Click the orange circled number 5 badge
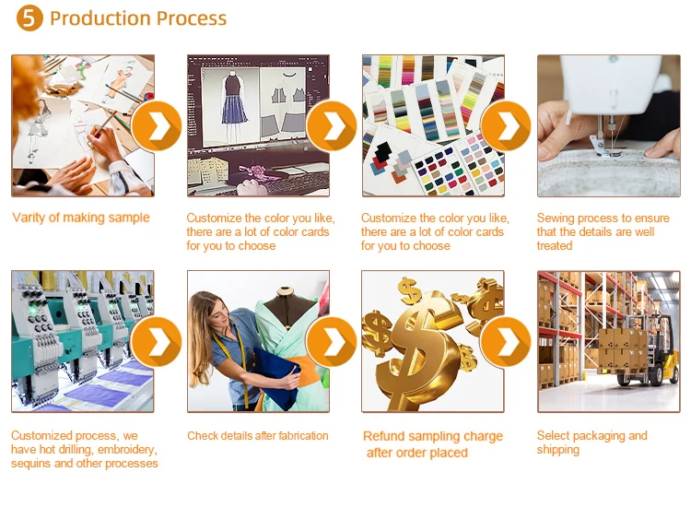(x=29, y=18)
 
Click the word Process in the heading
(x=192, y=18)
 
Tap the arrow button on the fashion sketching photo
(x=157, y=125)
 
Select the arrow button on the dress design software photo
(x=332, y=125)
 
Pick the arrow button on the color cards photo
(x=506, y=125)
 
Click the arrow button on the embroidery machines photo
(x=157, y=341)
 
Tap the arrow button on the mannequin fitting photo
(x=332, y=341)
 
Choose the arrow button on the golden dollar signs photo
(x=506, y=341)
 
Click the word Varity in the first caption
(x=29, y=218)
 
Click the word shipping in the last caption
(x=558, y=450)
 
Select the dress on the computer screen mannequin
(x=234, y=100)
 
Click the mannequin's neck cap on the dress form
(x=286, y=291)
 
